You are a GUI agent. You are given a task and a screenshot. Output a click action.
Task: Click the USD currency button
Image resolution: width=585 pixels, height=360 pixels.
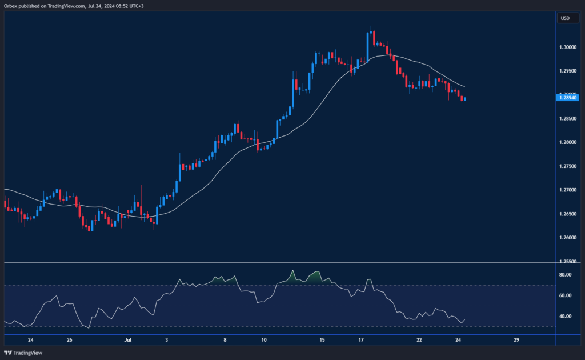point(565,18)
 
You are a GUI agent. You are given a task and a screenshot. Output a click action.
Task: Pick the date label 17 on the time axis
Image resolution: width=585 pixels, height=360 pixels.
point(361,340)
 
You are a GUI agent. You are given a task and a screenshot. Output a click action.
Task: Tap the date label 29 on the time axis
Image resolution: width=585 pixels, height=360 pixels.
point(516,340)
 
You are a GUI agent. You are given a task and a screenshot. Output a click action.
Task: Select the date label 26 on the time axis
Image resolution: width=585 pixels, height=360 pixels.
point(69,340)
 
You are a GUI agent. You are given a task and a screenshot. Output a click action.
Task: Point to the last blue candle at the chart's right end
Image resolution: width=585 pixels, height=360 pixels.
point(465,99)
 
